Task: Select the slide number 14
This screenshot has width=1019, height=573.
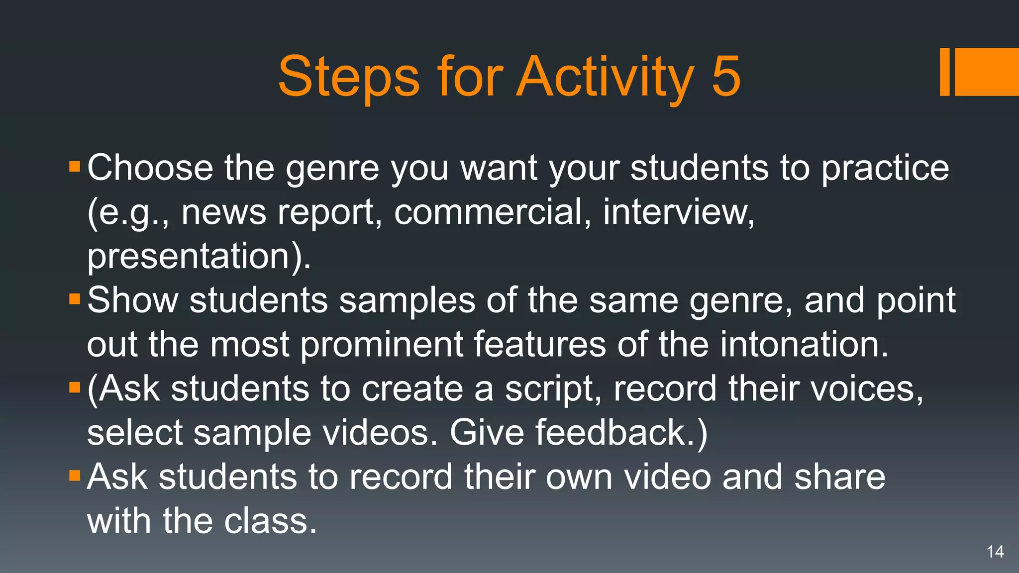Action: tap(995, 552)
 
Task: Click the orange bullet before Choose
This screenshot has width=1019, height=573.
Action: tap(75, 166)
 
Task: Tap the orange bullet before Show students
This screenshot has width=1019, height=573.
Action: tap(75, 299)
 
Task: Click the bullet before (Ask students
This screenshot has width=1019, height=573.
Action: tap(75, 387)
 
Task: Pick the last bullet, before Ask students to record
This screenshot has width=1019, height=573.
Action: tap(75, 476)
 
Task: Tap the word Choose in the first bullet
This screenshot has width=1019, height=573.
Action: tap(150, 168)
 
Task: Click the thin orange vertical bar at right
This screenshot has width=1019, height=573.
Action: tap(944, 72)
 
